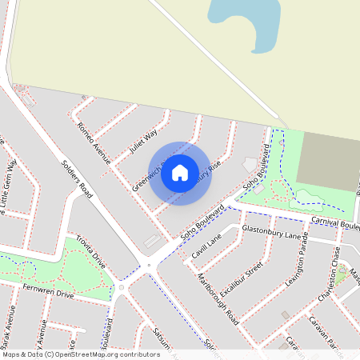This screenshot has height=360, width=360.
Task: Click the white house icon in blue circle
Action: point(180,172)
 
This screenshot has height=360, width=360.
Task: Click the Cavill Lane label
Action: point(206,248)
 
